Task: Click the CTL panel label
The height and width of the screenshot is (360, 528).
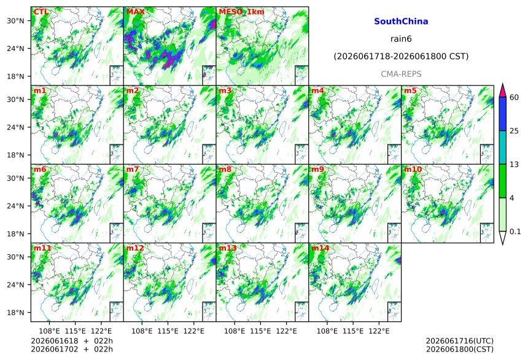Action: pyautogui.click(x=41, y=12)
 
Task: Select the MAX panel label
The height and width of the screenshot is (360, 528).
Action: pyautogui.click(x=135, y=12)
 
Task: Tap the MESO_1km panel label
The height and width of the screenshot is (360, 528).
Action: pyautogui.click(x=241, y=12)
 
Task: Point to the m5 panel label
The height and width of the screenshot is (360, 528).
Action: pyautogui.click(x=410, y=91)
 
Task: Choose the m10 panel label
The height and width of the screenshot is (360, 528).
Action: pyautogui.click(x=413, y=170)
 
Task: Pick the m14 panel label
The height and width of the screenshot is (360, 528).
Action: pyautogui.click(x=320, y=248)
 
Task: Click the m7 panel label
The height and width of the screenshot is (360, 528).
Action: pyautogui.click(x=133, y=170)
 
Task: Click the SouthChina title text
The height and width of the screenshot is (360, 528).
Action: pyautogui.click(x=401, y=22)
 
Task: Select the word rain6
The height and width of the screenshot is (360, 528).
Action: pyautogui.click(x=401, y=39)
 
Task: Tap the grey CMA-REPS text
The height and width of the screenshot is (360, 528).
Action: pyautogui.click(x=401, y=74)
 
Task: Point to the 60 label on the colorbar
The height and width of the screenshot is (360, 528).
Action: pyautogui.click(x=514, y=98)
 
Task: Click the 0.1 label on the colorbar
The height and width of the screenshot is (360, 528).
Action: pyautogui.click(x=515, y=232)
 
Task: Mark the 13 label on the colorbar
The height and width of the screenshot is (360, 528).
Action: pyautogui.click(x=514, y=165)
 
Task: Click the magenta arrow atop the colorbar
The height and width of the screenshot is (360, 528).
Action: pyautogui.click(x=503, y=90)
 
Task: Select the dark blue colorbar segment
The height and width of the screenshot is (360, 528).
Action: pyautogui.click(x=503, y=114)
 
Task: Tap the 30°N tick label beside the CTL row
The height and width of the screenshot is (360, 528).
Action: pyautogui.click(x=15, y=21)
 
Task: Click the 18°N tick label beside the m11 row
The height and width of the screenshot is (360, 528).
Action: pyautogui.click(x=15, y=313)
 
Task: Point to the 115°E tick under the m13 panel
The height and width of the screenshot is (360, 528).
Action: pyautogui.click(x=260, y=331)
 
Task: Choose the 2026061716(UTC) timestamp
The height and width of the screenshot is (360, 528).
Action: pyautogui.click(x=460, y=342)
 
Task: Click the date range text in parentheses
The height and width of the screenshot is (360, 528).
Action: pyautogui.click(x=401, y=57)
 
